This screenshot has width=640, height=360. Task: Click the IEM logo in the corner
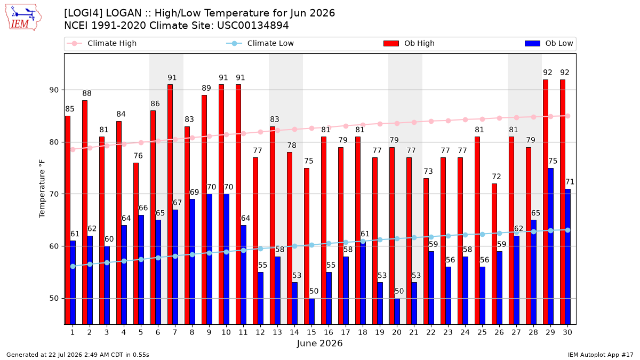[x=23, y=18]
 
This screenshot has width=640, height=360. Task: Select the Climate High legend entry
[x=101, y=43]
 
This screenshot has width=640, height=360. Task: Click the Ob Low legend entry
[x=549, y=43]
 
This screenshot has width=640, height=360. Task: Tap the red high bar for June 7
[x=170, y=204]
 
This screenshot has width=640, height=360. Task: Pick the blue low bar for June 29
[x=550, y=246]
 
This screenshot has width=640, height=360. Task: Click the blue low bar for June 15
[x=311, y=311]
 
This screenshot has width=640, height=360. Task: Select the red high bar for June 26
[x=494, y=254]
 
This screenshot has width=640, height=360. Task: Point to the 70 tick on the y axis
[x=54, y=194]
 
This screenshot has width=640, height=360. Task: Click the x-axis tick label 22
[x=431, y=332]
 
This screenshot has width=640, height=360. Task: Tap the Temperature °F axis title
[x=42, y=189]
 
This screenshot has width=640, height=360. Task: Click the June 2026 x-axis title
[x=319, y=343]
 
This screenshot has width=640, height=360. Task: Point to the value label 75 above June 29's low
[x=553, y=161]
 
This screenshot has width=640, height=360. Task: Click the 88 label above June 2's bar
[x=87, y=93]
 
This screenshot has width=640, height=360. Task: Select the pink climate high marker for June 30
[x=567, y=116]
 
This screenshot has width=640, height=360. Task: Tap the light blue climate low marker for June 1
[x=73, y=266]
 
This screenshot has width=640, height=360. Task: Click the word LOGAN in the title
[x=123, y=13]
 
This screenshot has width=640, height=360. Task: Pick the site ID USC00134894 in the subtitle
[x=253, y=26]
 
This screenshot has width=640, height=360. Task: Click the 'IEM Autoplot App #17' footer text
[x=601, y=355]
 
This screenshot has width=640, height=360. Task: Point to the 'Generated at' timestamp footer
[x=78, y=355]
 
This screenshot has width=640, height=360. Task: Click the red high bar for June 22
[x=426, y=251]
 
